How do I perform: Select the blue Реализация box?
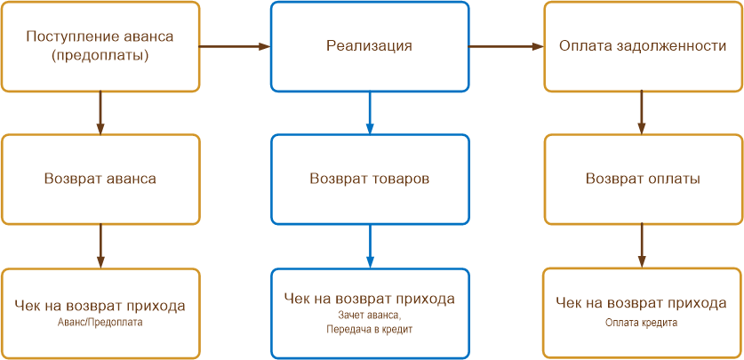tap(369, 45)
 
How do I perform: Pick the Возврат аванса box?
tap(100, 179)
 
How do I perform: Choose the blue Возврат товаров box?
tap(369, 179)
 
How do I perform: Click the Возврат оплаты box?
tap(643, 179)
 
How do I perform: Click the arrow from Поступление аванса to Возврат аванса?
tap(100, 112)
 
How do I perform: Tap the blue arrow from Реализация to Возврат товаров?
tap(369, 112)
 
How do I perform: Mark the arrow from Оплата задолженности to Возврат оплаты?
tap(643, 112)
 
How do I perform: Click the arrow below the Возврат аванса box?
tap(100, 245)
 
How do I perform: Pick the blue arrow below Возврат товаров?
tap(369, 245)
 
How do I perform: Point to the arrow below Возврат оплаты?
tap(643, 245)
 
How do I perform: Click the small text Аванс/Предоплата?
tap(100, 323)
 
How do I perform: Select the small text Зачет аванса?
tap(370, 315)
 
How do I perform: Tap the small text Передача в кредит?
tap(370, 329)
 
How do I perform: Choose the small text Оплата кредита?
tap(642, 323)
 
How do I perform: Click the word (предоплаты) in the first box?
tap(100, 54)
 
